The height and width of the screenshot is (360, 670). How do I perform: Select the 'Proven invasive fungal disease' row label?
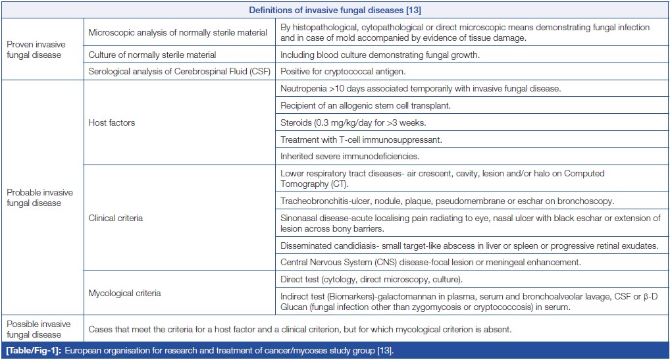[36, 49]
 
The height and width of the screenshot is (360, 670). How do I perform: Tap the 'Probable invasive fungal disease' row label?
[39, 197]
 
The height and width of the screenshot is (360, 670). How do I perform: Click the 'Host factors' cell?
[113, 122]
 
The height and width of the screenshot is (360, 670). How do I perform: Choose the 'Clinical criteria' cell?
[116, 218]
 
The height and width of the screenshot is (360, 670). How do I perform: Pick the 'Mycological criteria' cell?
[124, 292]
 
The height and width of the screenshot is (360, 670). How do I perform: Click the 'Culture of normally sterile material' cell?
[152, 55]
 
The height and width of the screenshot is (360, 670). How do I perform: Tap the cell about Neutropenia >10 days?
[421, 88]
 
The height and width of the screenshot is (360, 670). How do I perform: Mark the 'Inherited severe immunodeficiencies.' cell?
[349, 157]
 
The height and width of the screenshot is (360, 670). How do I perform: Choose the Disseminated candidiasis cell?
[469, 245]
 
